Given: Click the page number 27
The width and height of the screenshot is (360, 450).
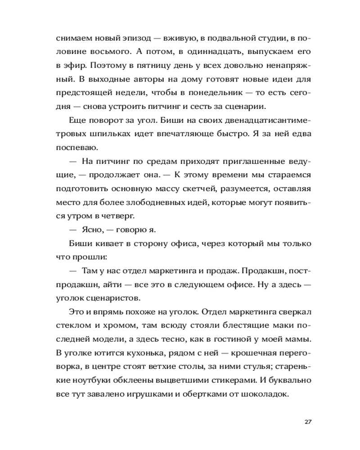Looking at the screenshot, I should [x=308, y=422].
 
